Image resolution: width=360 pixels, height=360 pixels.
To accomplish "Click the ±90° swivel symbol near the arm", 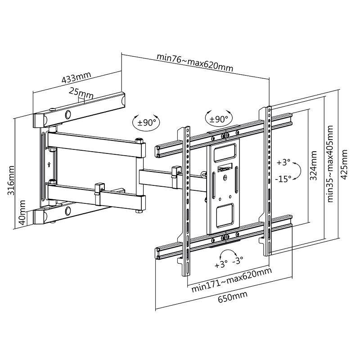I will click(x=144, y=121).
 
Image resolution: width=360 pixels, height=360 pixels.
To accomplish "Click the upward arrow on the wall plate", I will click(x=48, y=164).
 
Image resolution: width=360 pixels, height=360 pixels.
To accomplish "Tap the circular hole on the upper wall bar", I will click(x=68, y=114).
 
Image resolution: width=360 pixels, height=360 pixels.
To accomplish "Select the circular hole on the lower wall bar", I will click(x=68, y=210).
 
